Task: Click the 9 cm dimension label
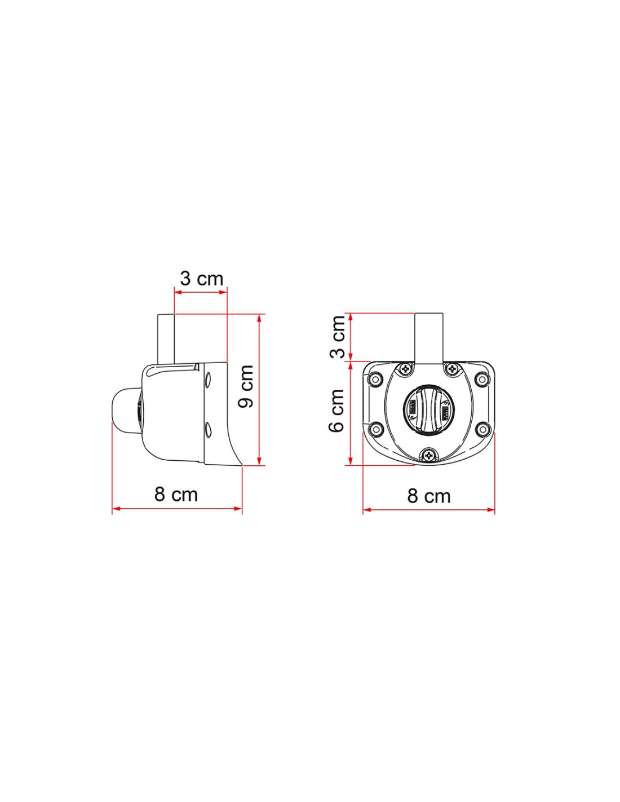246,386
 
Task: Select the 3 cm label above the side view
202,279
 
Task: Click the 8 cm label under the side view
176,494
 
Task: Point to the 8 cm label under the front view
429,496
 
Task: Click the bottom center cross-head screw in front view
429,456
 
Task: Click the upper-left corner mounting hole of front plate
376,378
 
